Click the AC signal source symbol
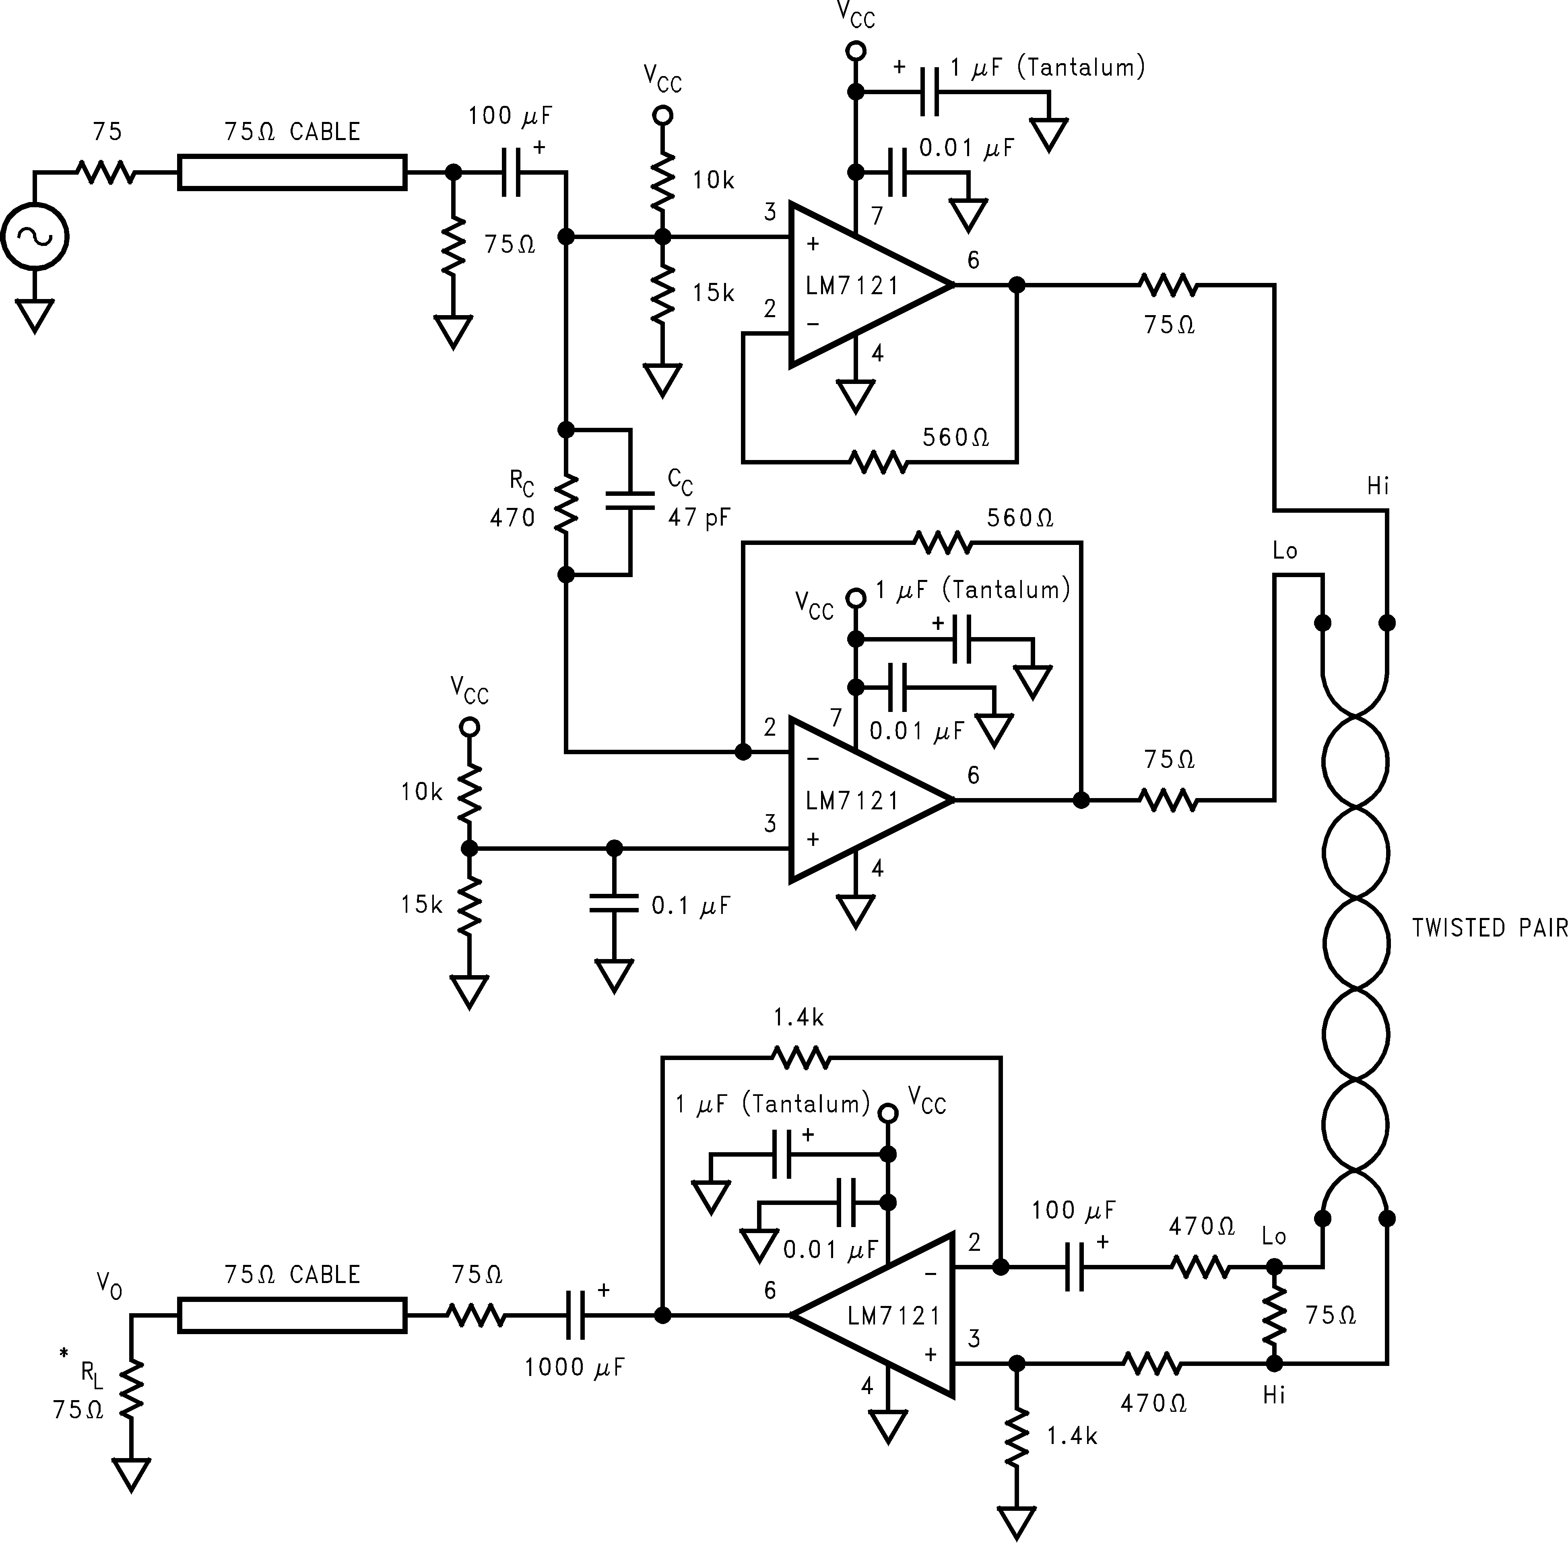coord(35,237)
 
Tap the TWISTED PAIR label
coord(1490,928)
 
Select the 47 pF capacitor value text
coord(699,517)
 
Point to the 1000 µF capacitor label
coord(575,1367)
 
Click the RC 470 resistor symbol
coord(565,502)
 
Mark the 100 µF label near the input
coord(510,116)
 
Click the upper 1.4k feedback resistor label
coord(798,1018)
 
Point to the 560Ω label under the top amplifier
coord(955,437)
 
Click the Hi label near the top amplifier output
coord(1378,486)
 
